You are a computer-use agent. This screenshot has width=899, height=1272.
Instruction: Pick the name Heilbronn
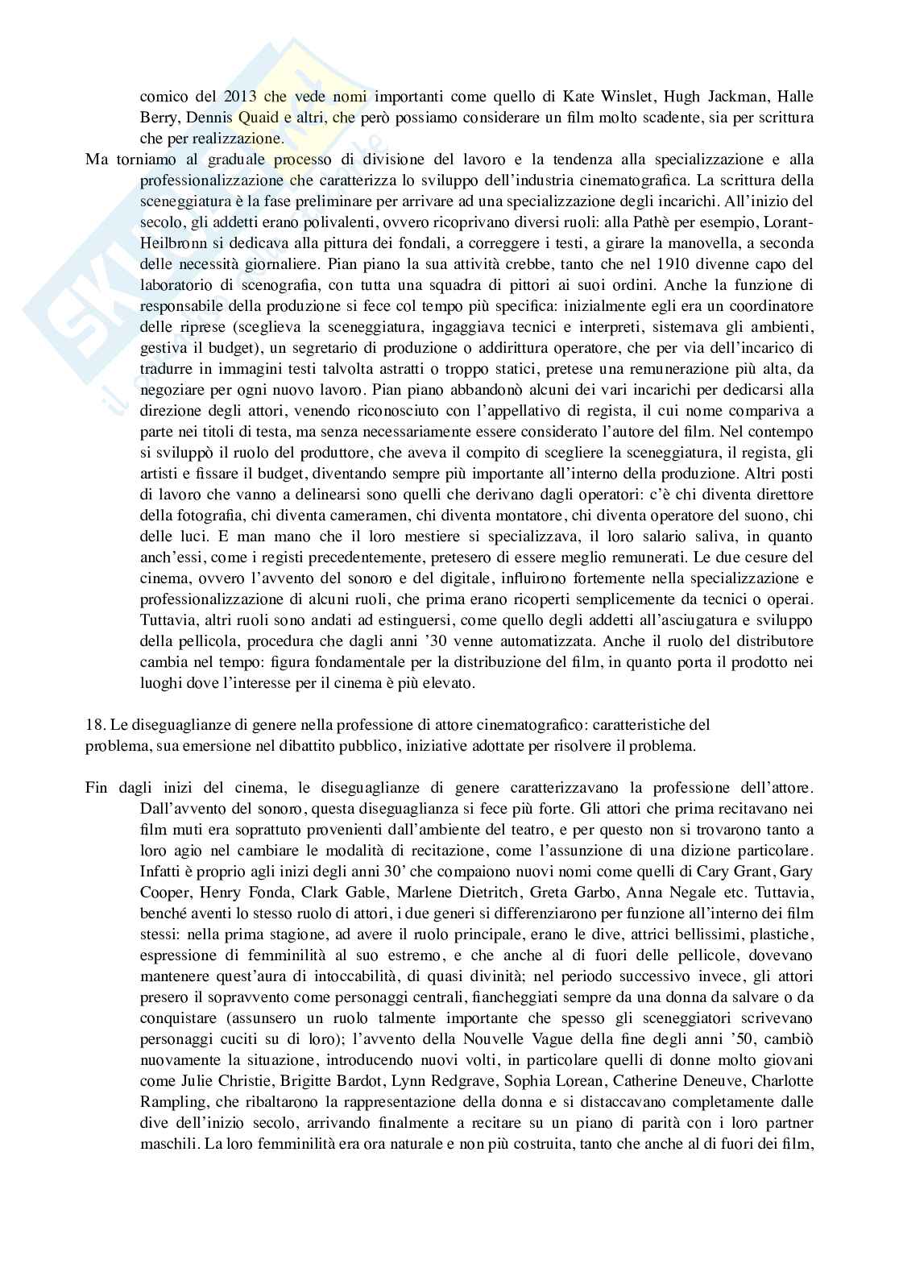point(172,243)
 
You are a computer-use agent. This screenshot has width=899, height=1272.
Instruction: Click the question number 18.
point(95,725)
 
